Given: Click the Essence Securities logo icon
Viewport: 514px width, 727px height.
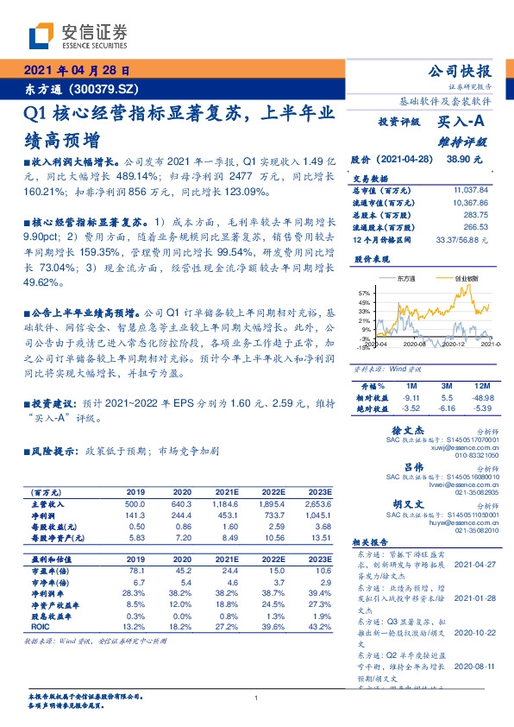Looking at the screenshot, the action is pyautogui.click(x=40, y=36).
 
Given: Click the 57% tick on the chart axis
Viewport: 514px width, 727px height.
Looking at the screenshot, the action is pyautogui.click(x=364, y=294).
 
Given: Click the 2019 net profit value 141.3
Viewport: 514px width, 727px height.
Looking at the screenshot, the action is pyautogui.click(x=135, y=515).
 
